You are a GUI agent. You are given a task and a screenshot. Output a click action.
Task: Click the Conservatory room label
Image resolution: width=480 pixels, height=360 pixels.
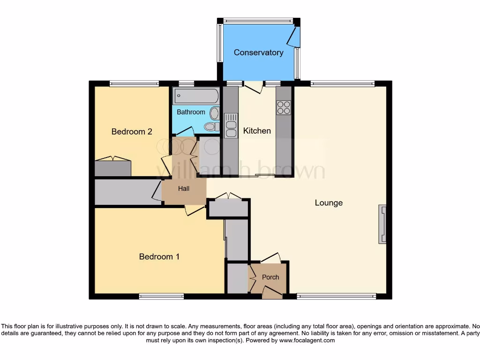[x=258, y=52]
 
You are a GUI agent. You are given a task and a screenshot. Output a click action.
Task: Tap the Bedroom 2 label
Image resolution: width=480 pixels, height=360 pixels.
[x=132, y=132]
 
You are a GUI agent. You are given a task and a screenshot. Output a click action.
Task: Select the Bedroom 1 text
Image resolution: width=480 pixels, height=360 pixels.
[x=159, y=257]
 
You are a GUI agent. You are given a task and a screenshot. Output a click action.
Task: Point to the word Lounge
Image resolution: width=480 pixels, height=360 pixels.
[x=329, y=203]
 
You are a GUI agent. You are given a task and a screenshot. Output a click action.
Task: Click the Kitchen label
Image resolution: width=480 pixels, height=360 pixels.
[x=257, y=131]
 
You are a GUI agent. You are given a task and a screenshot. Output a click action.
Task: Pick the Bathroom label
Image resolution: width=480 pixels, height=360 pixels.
[x=191, y=112]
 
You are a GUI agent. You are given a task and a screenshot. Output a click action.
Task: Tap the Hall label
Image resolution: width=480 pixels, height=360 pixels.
[x=184, y=189]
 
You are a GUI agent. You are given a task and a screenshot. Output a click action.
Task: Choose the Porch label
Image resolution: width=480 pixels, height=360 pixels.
[x=270, y=277]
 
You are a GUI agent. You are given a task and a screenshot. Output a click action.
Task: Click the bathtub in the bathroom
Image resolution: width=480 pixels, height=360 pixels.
[x=196, y=97]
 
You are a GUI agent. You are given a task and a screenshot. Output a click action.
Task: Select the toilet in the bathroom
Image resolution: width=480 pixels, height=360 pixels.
[x=210, y=127]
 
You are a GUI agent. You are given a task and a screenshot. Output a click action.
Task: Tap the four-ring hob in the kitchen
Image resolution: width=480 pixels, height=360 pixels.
[x=284, y=108]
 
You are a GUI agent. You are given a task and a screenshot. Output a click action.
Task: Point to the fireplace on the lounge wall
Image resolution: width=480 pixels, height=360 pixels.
[x=382, y=224]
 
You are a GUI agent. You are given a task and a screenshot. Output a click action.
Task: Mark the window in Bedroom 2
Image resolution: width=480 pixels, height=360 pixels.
[x=134, y=84]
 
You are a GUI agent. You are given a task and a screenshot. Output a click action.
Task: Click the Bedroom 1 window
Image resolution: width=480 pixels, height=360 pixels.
[x=161, y=296]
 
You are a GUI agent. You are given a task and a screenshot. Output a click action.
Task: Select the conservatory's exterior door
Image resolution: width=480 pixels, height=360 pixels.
[x=293, y=36]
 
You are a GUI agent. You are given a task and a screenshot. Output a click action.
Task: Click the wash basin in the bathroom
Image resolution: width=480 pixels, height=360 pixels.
[x=215, y=113]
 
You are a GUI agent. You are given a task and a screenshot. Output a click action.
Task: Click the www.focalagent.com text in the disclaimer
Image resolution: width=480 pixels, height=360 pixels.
[x=307, y=340]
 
